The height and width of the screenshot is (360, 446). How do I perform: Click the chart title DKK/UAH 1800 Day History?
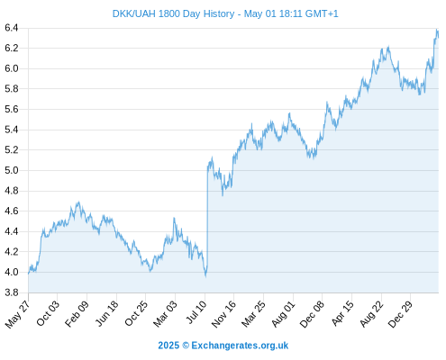click(x=173, y=13)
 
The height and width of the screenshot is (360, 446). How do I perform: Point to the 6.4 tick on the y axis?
click(x=12, y=28)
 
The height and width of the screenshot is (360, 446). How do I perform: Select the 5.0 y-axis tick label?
click(x=12, y=170)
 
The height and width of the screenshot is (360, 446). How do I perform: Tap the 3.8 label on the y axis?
click(x=12, y=292)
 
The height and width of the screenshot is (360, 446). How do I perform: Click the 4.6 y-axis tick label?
click(x=12, y=211)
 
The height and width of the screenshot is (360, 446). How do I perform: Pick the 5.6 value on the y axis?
click(x=12, y=110)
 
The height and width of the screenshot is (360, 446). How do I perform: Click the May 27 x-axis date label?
click(x=18, y=314)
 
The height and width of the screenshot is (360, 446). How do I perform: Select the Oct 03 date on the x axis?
click(x=48, y=313)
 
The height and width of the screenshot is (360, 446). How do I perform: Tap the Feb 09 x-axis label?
click(x=77, y=313)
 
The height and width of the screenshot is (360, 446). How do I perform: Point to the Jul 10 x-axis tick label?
click(x=196, y=312)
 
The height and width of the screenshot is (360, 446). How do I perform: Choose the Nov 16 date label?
click(x=223, y=314)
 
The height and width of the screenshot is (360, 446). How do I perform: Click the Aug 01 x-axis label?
click(x=284, y=314)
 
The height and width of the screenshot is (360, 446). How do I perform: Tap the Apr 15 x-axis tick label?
click(x=342, y=313)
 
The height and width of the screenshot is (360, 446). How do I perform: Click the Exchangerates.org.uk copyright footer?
click(x=223, y=346)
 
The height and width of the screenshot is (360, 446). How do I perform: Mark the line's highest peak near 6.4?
click(x=437, y=30)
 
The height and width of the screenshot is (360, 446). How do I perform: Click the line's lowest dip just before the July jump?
click(x=205, y=276)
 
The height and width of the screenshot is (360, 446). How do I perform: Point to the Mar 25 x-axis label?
click(x=253, y=313)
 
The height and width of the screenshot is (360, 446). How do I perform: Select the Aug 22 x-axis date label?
click(x=372, y=314)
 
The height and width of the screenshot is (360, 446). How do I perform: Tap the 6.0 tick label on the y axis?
click(x=12, y=68)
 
